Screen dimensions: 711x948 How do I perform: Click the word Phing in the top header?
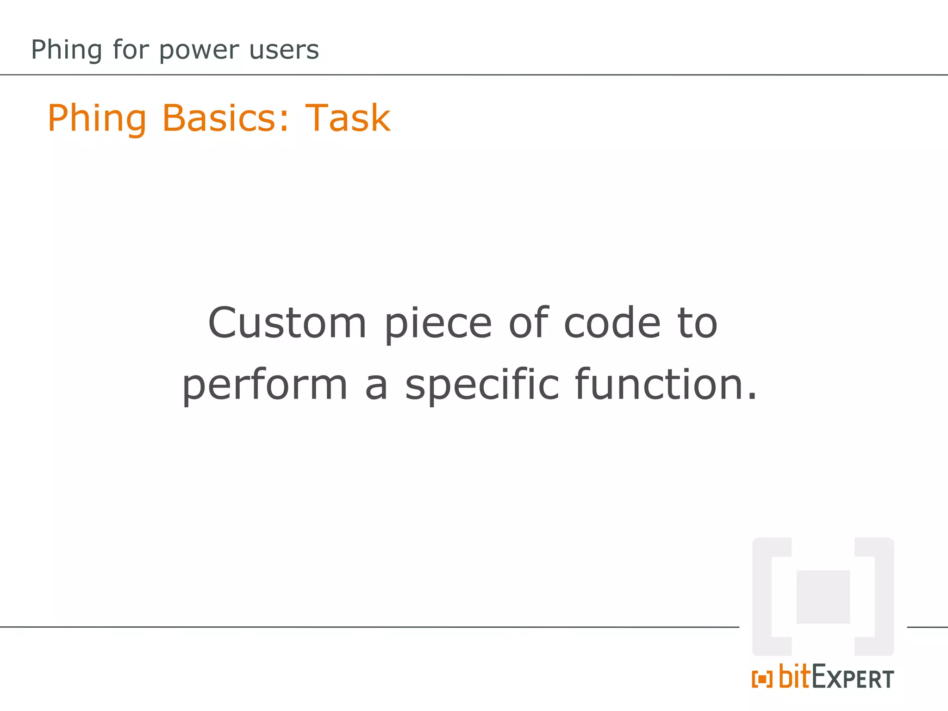(66, 50)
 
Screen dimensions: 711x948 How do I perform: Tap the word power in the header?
(199, 50)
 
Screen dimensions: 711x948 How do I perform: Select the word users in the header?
(284, 50)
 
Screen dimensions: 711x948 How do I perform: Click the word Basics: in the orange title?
(225, 118)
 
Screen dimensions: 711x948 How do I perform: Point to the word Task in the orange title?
(348, 118)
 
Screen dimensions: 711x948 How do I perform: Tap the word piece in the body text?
(438, 324)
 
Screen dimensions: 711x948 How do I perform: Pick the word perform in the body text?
(265, 385)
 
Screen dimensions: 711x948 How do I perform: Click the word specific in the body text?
(482, 385)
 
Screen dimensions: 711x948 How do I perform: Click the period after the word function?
(752, 397)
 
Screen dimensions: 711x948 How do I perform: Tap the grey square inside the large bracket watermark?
(823, 597)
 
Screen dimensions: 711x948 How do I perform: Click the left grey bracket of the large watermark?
(764, 597)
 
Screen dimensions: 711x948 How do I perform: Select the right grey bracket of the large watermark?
(882, 597)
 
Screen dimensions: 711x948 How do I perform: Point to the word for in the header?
(130, 50)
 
